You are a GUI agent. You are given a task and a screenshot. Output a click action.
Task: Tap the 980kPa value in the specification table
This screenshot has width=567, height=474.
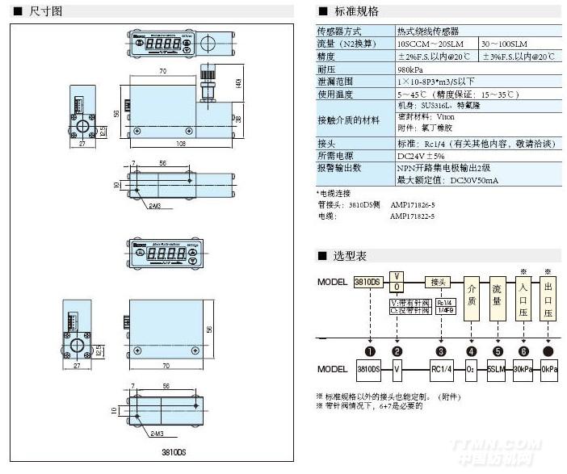click(409, 69)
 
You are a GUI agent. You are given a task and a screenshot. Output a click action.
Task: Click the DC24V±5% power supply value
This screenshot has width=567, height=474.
click(421, 155)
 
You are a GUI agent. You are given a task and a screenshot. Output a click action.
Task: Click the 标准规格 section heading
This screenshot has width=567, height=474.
click(355, 11)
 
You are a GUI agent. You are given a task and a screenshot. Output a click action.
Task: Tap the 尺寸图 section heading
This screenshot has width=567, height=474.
click(44, 11)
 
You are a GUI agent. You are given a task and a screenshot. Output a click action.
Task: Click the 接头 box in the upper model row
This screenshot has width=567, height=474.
click(439, 283)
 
